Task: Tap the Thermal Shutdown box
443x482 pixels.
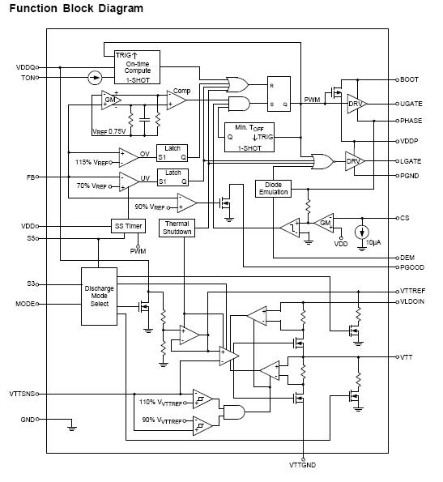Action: click(177, 228)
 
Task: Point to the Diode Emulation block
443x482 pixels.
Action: click(274, 188)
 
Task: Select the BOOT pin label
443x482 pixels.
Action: click(410, 79)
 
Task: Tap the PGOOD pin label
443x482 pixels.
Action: click(411, 267)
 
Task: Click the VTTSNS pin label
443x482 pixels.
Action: click(23, 394)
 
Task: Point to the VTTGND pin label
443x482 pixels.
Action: click(304, 466)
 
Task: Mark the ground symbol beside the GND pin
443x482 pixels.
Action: click(72, 423)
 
